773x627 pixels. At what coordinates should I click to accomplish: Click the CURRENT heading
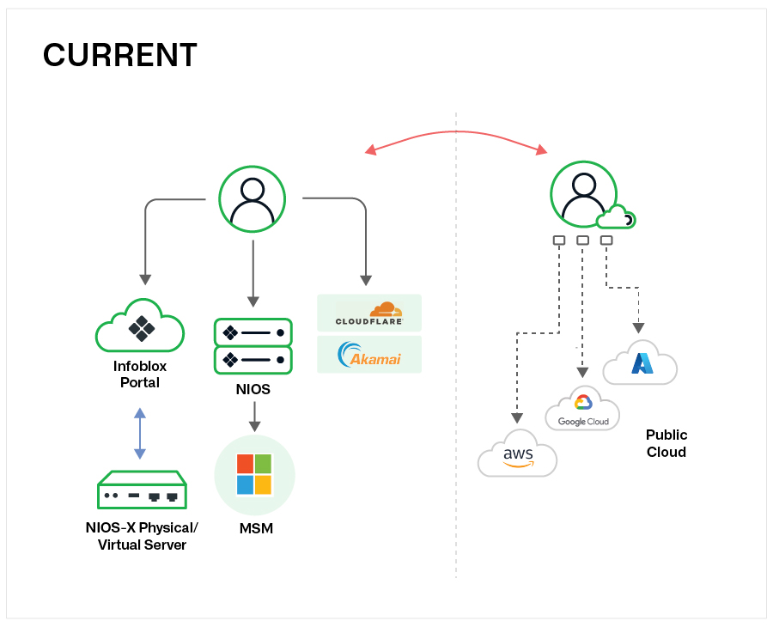coord(119,55)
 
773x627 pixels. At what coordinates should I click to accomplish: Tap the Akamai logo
coord(369,355)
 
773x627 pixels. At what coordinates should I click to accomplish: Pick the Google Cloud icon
coord(582,409)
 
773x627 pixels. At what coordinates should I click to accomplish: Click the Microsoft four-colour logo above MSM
coord(254,474)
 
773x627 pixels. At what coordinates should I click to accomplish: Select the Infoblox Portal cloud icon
coord(140,326)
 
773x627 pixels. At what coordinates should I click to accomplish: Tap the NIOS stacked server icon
coord(253,346)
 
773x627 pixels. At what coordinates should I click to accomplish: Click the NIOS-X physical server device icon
coord(142,490)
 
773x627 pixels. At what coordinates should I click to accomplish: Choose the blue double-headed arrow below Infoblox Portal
coord(140,435)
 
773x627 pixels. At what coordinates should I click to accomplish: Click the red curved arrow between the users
coord(456,133)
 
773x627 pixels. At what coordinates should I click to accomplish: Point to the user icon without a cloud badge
coord(253,198)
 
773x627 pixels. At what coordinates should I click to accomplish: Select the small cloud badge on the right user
coord(618,217)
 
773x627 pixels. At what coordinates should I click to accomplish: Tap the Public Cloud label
coord(666,443)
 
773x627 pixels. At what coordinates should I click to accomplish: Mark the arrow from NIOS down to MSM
coord(254,417)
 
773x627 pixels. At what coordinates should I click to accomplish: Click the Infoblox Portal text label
coord(140,374)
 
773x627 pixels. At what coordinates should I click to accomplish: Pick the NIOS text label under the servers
coord(253,389)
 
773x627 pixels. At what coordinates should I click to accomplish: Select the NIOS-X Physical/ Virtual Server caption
coord(142,536)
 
